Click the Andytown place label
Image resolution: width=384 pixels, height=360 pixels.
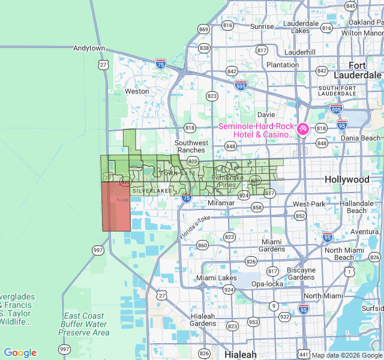coord(89,48)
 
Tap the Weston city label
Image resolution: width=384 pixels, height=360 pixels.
coord(136,91)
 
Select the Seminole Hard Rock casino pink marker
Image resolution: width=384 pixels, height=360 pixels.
coord(303,128)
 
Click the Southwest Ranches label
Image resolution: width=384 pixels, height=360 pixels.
coord(191,146)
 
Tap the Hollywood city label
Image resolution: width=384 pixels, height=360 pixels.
coord(347,179)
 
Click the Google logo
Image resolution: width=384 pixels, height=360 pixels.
coord(20,353)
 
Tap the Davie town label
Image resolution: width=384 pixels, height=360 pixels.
coord(266,114)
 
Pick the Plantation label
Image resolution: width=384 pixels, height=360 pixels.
coord(282,65)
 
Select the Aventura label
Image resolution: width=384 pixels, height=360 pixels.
coord(365,232)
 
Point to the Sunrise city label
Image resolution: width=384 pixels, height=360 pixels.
coord(262,26)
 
